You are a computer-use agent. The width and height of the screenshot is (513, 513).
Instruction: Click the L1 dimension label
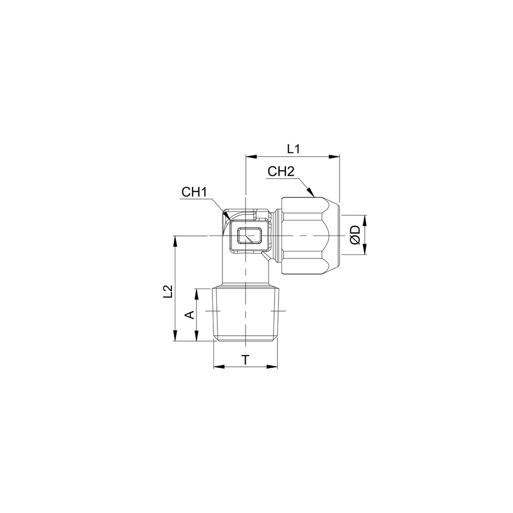coord(294,149)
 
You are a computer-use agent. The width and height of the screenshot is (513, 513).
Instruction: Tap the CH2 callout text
coord(281,171)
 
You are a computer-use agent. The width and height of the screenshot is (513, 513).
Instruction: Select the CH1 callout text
coord(194,192)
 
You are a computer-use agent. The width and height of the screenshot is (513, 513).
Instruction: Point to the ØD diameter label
coord(355,235)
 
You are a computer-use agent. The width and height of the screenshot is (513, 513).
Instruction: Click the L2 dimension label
coord(168,292)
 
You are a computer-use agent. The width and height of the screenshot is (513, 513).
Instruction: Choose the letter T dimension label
coord(245,360)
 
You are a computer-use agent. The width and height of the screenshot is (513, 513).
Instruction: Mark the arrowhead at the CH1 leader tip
coord(226,216)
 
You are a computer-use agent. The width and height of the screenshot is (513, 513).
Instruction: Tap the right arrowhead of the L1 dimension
coord(334,157)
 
